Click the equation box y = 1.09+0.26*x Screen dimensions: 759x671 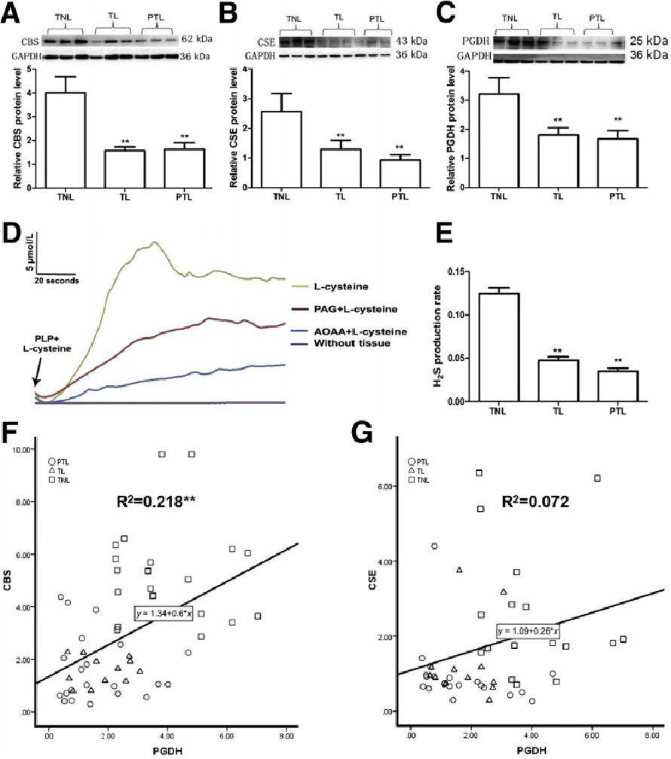[x=527, y=628]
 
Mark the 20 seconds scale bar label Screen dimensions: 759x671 [x=57, y=280]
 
